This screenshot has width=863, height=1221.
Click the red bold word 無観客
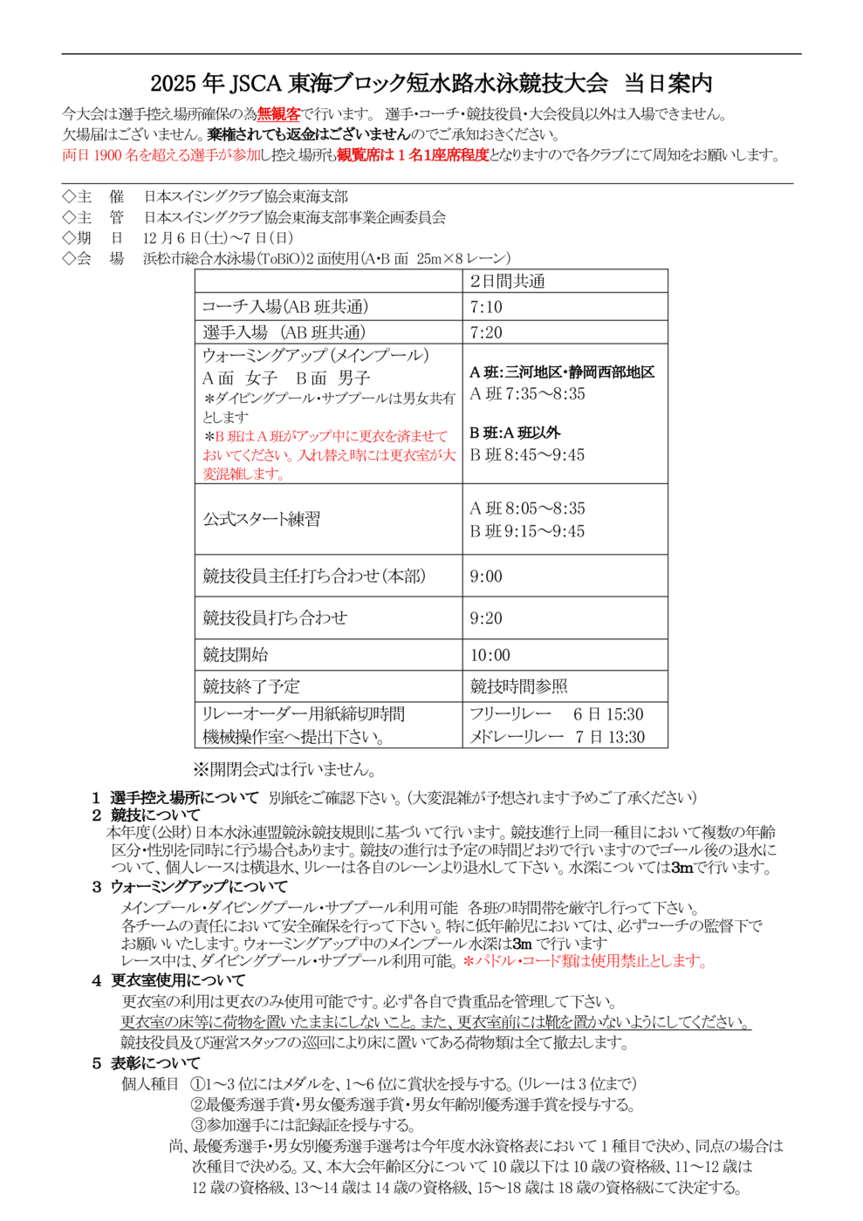tap(278, 113)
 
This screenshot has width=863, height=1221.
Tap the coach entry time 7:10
tap(486, 307)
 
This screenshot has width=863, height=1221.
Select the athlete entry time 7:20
tap(486, 332)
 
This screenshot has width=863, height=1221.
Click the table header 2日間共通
tap(507, 281)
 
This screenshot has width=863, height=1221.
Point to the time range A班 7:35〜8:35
tap(527, 394)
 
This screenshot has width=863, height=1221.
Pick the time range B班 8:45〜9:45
tap(527, 455)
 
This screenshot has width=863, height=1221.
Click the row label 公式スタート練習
tap(262, 520)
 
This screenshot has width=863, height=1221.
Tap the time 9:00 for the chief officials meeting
tap(486, 576)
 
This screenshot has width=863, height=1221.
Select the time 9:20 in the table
tap(486, 618)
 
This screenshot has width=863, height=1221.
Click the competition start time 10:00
tap(490, 655)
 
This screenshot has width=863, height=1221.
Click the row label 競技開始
tap(236, 655)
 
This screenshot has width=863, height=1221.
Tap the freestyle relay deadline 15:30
tap(625, 714)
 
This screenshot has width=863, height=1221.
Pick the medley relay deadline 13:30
tap(626, 737)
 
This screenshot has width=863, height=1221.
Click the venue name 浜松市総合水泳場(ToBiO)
tap(223, 259)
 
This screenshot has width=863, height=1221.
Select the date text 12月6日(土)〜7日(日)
tap(218, 238)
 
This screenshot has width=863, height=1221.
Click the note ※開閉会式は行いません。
tap(284, 769)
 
